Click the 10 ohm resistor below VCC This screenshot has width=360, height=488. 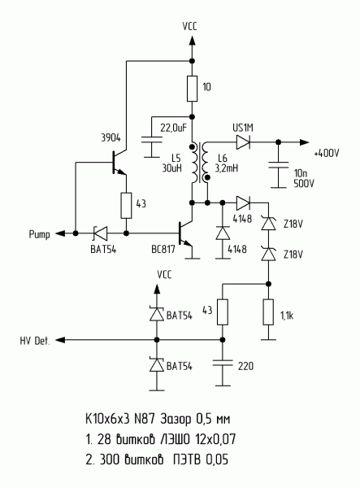pos(192,89)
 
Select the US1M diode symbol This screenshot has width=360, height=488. pos(243,142)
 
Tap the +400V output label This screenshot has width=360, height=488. pos(327,153)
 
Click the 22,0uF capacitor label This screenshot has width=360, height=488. pos(173,128)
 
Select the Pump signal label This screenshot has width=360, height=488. pos(39,234)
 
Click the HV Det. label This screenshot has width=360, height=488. pos(35,341)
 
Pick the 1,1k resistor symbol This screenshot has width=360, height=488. pos(268,312)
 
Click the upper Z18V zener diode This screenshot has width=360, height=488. pos(269,223)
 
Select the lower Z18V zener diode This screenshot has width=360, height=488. pos(269,253)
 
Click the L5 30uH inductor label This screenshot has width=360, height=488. pos(171,163)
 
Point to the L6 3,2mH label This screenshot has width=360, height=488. pos(227,163)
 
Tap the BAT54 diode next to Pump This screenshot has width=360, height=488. pos(101,233)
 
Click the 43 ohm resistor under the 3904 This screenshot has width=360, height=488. pos(126,206)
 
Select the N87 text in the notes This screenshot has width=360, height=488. pos(145,419)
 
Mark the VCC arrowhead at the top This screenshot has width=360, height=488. pos(192,41)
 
